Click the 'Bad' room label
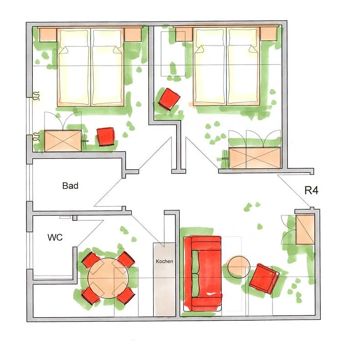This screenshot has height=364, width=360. click(x=71, y=186)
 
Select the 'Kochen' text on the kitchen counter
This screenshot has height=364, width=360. click(x=164, y=262)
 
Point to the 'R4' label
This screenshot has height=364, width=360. click(x=311, y=191)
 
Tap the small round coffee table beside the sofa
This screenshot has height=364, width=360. click(x=238, y=267)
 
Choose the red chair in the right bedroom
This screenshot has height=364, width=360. click(x=169, y=99)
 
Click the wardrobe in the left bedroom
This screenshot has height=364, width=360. click(x=63, y=141)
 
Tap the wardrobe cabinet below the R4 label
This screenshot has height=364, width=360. click(x=305, y=229)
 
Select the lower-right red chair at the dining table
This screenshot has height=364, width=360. click(x=126, y=296)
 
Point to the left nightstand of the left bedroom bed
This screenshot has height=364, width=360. click(x=47, y=34)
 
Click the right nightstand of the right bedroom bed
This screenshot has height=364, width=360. click(x=269, y=33)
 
